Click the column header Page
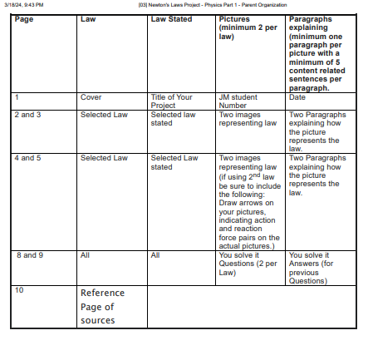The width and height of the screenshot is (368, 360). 24,18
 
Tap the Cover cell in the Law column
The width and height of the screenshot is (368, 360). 91,97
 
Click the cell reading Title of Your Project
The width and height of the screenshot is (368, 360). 171,101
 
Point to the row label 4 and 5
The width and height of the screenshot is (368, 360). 28,157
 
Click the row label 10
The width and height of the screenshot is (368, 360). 19,289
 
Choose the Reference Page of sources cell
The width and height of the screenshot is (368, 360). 102,306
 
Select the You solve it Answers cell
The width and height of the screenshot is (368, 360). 308,268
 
